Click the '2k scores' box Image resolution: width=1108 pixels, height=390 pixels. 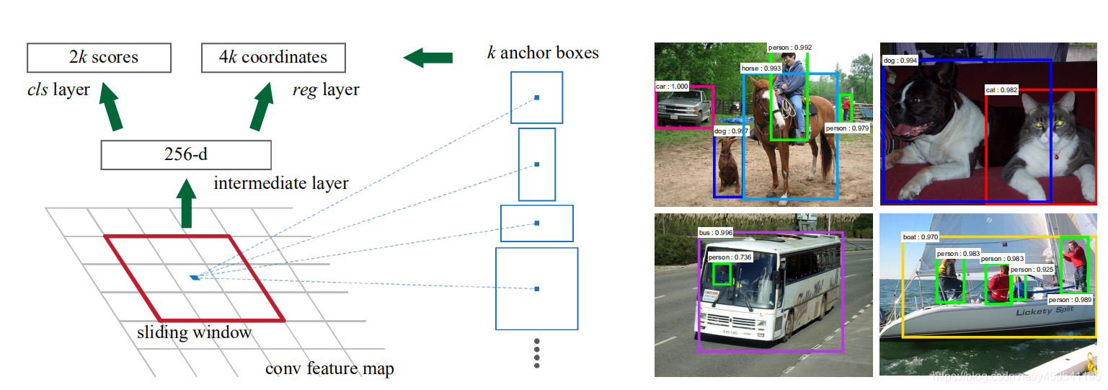[x=99, y=58]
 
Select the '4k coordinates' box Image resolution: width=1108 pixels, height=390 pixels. [x=273, y=58]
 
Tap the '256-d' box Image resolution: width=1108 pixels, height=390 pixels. [x=186, y=155]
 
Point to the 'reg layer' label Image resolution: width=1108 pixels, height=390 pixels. [x=326, y=90]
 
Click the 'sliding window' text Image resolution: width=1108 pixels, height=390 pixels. [x=195, y=333]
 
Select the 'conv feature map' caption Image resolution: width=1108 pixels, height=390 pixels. [x=329, y=369]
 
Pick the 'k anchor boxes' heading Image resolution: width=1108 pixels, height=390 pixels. [x=543, y=52]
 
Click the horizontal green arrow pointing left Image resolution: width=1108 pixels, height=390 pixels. [x=427, y=58]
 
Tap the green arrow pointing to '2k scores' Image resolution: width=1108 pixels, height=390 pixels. [x=109, y=106]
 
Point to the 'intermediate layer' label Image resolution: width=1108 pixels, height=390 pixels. [x=281, y=183]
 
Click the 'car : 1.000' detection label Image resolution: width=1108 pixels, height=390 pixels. [x=672, y=86]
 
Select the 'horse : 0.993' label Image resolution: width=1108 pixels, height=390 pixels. [x=761, y=68]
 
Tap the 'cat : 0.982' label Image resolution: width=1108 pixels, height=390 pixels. [x=1001, y=89]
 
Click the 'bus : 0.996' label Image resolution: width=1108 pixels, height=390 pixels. [x=716, y=233]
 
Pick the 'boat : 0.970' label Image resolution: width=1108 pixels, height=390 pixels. [x=921, y=236]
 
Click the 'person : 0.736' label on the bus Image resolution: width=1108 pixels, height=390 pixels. [x=730, y=257]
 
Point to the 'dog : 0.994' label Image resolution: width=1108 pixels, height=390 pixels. [x=900, y=61]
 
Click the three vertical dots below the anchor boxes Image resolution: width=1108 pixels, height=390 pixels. [x=536, y=353]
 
